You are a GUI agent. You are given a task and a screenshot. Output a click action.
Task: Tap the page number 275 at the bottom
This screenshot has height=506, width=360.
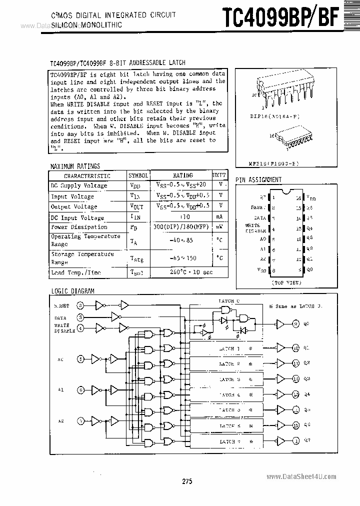point(187,481)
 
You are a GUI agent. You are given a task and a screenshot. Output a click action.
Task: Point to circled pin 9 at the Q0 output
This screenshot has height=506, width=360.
point(296,324)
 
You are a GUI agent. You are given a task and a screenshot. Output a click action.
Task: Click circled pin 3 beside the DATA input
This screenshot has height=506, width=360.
point(80,317)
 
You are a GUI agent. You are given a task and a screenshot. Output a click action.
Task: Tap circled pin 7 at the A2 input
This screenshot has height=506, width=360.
point(80,421)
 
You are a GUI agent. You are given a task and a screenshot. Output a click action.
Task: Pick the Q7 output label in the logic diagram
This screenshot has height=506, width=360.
point(307,441)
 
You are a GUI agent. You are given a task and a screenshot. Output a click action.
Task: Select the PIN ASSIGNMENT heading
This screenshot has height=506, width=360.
point(258,179)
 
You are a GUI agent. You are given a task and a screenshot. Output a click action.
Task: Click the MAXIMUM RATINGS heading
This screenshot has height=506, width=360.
point(75,166)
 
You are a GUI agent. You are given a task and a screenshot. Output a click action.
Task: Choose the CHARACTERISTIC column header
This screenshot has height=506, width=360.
point(87,176)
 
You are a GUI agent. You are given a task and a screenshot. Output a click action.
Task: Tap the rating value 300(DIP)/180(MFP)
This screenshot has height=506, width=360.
point(182,227)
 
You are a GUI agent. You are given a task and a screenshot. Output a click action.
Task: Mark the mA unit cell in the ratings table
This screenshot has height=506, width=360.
point(219,217)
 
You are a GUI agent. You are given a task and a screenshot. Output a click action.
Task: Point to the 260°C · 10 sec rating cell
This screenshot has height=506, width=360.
point(182,272)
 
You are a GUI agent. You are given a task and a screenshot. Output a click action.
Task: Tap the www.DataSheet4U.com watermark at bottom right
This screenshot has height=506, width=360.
point(307,477)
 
